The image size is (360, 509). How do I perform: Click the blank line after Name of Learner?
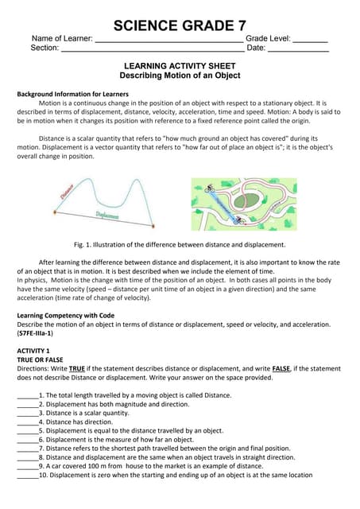pos(168,39)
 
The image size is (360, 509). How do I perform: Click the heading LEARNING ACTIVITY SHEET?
pos(180,66)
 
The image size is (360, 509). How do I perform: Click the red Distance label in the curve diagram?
pos(67,191)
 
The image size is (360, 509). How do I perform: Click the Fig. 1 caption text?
pos(180,245)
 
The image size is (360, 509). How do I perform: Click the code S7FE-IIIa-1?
pos(36,333)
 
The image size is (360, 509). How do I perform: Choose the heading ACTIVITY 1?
pos(33,351)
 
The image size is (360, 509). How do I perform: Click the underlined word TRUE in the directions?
pos(77,368)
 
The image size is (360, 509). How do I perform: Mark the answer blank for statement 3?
pos(27,414)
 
